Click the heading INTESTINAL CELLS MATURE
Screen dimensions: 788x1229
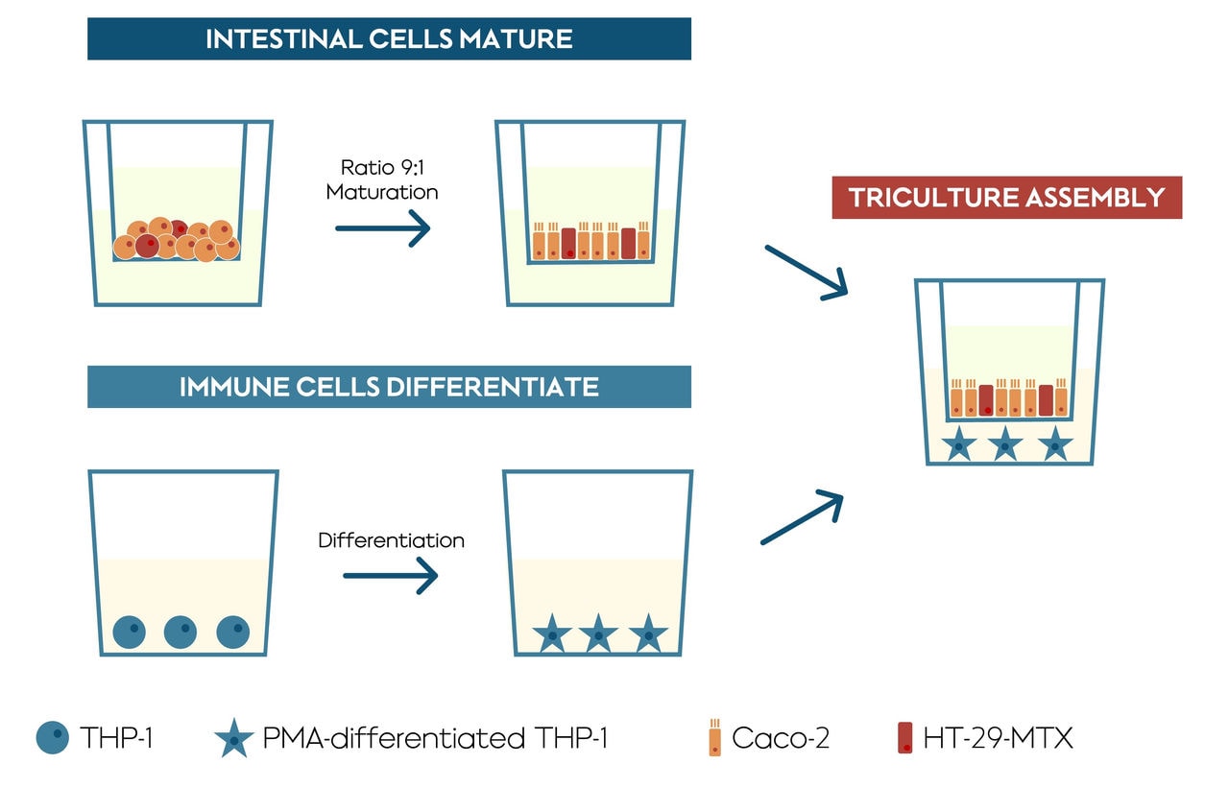click(x=389, y=39)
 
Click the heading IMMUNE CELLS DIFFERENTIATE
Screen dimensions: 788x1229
click(x=389, y=387)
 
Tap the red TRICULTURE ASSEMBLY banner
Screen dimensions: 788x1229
click(x=1006, y=198)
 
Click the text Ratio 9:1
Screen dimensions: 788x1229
click(x=381, y=168)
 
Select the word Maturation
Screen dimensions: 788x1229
click(x=381, y=192)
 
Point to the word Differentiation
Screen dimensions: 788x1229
click(x=391, y=540)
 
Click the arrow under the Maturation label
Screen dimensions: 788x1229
click(x=382, y=228)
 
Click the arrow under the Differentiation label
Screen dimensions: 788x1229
click(x=390, y=576)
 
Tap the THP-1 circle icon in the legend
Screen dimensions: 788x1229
click(x=53, y=737)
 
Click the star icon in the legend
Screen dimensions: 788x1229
click(x=233, y=737)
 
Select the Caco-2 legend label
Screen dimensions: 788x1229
click(x=781, y=738)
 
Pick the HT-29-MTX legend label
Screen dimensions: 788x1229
click(x=997, y=738)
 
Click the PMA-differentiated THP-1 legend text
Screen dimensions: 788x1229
click(x=435, y=738)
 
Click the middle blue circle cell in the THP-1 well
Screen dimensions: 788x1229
click(x=181, y=632)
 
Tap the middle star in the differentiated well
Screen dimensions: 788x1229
click(x=598, y=634)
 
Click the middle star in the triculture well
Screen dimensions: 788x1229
click(x=1005, y=444)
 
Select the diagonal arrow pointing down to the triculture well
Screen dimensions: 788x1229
click(x=807, y=272)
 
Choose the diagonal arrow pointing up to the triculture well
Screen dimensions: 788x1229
click(x=803, y=519)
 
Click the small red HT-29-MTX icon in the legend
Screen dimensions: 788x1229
click(x=904, y=737)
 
